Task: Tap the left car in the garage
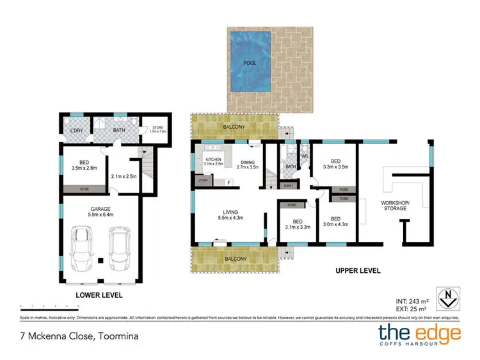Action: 84,250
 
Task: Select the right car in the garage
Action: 120,250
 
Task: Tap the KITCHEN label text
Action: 213,160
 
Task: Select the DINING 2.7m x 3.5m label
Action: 247,164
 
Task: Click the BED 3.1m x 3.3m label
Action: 296,225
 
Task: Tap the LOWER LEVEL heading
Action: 99,295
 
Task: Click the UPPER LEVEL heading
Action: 358,271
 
